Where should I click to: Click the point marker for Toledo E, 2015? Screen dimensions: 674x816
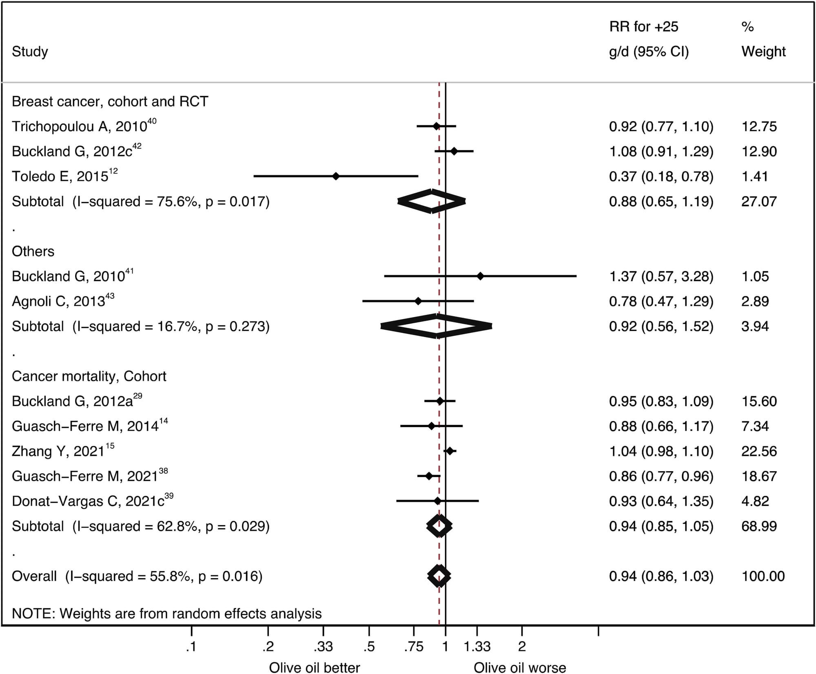pos(336,176)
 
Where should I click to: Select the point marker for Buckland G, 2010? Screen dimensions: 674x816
pos(480,276)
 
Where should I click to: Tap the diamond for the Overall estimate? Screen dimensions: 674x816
pos(439,576)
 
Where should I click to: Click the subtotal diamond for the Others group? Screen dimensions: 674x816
pos(437,326)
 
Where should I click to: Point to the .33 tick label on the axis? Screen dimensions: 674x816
pos(323,647)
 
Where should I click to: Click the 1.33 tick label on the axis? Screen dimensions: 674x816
pos(477,647)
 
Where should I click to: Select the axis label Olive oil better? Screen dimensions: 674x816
pos(314,667)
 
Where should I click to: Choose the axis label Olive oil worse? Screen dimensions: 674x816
pos(520,667)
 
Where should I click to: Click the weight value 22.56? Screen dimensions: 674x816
pos(759,451)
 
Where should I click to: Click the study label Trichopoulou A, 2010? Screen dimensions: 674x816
pos(80,127)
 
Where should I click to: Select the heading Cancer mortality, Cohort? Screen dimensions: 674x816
pos(89,376)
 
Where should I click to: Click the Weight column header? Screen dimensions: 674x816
pos(763,51)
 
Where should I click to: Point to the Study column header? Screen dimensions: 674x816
pos(30,51)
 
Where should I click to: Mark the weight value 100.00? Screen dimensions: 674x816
pos(763,576)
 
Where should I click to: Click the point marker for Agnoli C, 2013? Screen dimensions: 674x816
pos(418,301)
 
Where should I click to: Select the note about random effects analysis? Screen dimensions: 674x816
pos(166,614)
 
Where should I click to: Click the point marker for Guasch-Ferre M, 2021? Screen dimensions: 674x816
pos(429,476)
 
